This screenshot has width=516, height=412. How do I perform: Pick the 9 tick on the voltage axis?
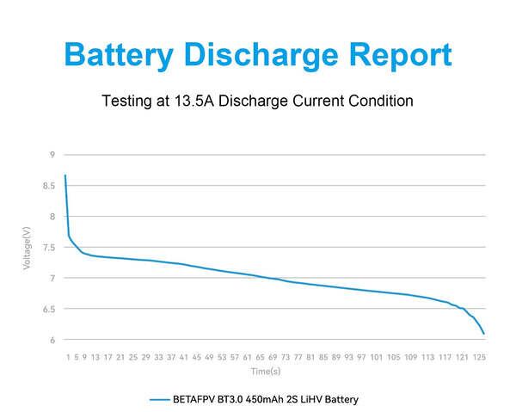pyautogui.click(x=52, y=155)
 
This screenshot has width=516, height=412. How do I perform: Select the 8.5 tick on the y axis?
pyautogui.click(x=50, y=186)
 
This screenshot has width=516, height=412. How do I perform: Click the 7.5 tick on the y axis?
pyautogui.click(x=50, y=248)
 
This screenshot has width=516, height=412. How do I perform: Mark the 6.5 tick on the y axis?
pyautogui.click(x=50, y=309)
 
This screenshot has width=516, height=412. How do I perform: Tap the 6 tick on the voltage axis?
pyautogui.click(x=52, y=340)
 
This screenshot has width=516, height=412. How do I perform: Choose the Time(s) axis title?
pyautogui.click(x=266, y=372)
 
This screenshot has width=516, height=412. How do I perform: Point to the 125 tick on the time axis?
pyautogui.click(x=479, y=356)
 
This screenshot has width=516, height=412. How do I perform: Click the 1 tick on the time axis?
pyautogui.click(x=68, y=356)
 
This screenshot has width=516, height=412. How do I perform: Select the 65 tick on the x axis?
pyautogui.click(x=260, y=356)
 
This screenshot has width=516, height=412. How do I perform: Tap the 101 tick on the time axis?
pyautogui.click(x=377, y=356)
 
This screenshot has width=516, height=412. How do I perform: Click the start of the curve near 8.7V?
pyautogui.click(x=64, y=175)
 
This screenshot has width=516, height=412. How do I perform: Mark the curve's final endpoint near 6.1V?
pyautogui.click(x=484, y=334)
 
